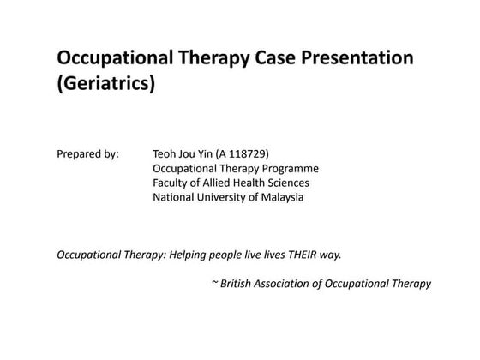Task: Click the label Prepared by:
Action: pyautogui.click(x=87, y=153)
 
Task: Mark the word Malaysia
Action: pyautogui.click(x=282, y=197)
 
